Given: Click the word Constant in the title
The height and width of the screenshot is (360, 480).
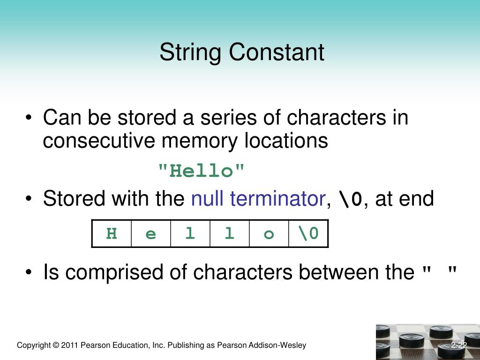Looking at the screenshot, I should click(x=277, y=52).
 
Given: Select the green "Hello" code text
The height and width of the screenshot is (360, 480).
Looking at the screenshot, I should click(x=202, y=171).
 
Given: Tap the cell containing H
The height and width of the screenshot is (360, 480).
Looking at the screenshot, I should click(x=112, y=233).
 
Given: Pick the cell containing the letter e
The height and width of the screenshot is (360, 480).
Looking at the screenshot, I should click(x=151, y=233).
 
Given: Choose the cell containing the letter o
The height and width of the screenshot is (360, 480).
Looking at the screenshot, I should click(x=269, y=233).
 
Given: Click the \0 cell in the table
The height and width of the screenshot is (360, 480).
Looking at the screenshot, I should click(x=308, y=233).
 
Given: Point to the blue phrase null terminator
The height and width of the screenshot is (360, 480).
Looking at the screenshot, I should click(x=258, y=199).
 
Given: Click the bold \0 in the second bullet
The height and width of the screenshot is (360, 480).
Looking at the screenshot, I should click(x=351, y=200).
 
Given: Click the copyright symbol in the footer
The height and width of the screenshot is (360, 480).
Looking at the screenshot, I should click(x=56, y=345).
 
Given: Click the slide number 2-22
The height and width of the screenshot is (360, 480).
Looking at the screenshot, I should click(x=459, y=345).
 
